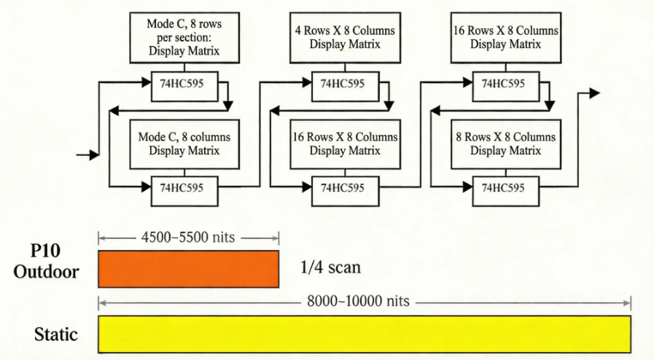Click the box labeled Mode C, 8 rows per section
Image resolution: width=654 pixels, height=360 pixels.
pos(184,38)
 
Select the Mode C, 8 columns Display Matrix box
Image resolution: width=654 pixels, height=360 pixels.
pos(184,144)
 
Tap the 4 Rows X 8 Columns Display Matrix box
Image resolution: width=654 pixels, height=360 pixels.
pos(345,38)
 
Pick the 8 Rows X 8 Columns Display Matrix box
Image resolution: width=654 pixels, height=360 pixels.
pos(505,144)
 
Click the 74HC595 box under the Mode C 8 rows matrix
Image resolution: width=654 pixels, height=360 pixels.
pos(184,82)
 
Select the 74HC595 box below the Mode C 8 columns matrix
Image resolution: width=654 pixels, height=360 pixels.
pos(184,187)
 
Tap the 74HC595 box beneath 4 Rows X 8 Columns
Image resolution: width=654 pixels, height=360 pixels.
pos(345,82)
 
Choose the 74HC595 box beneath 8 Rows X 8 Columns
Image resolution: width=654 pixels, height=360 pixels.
pos(505,187)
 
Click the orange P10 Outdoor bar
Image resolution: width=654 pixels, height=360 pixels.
pos(188,269)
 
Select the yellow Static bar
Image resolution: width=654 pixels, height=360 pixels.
pos(364,334)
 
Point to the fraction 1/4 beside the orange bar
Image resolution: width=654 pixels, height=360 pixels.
pos(311,268)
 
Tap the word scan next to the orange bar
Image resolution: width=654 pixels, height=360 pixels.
pos(343,268)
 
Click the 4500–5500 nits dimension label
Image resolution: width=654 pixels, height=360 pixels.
pos(188,238)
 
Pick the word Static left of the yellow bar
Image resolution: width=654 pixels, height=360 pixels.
pos(56,335)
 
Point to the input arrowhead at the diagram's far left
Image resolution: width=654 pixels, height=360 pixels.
pos(93,154)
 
